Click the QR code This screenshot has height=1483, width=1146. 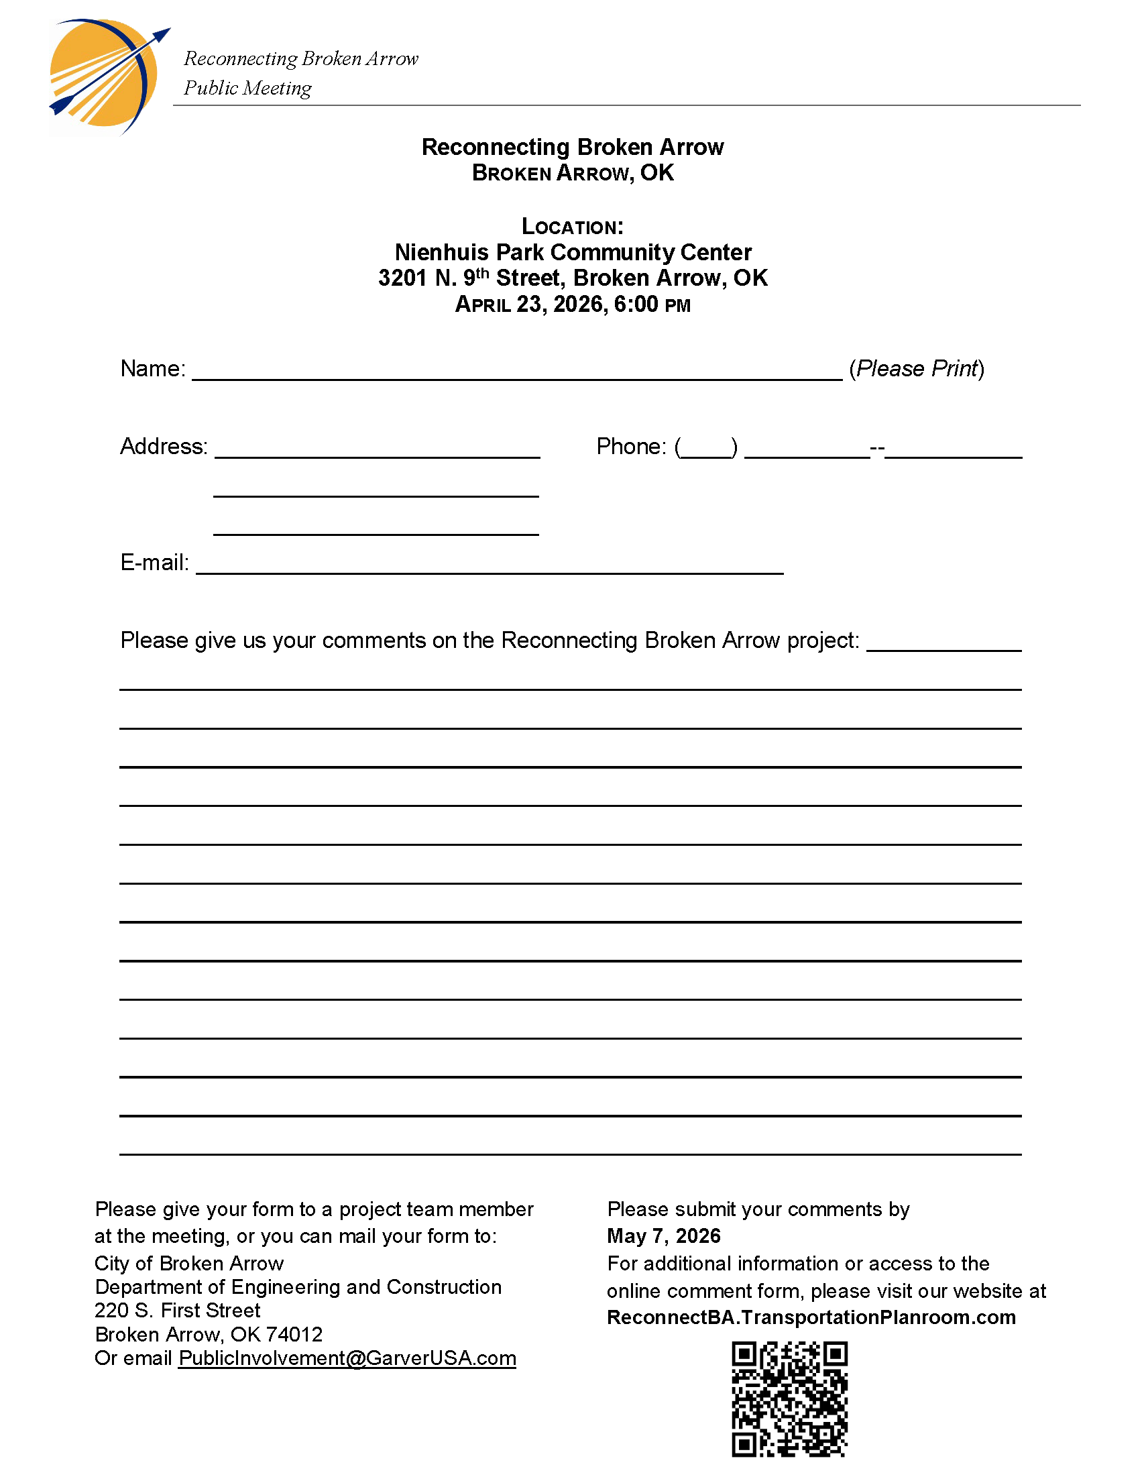point(789,1398)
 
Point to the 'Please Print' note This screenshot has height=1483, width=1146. point(917,369)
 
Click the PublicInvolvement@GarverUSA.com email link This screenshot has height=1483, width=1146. point(347,1358)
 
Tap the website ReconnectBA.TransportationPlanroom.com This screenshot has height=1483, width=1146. point(811,1317)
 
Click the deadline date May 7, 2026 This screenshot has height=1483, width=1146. point(663,1235)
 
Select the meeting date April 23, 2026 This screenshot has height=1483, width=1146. point(533,305)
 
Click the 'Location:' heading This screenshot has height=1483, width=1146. point(572,227)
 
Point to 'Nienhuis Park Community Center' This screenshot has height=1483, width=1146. point(573,253)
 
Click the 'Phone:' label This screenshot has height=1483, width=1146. point(631,447)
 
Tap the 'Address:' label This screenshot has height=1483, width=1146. point(164,447)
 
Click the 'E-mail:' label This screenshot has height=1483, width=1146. point(154,563)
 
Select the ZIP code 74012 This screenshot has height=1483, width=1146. point(294,1334)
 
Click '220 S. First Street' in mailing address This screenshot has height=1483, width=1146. point(178,1311)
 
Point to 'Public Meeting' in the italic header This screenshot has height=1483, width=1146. point(248,89)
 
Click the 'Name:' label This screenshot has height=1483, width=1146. point(153,369)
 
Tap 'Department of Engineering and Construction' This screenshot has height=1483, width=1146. point(298,1286)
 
